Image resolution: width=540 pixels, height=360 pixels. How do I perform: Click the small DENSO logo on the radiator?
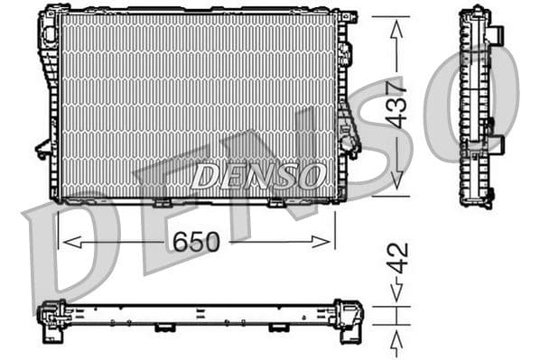pyautogui.click(x=257, y=174)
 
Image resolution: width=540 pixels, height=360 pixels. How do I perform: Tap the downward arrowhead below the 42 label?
pyautogui.click(x=396, y=291)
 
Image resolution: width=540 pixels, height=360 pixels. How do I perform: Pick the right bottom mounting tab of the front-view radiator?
pyautogui.click(x=277, y=203)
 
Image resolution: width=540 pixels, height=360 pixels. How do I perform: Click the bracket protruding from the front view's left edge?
pyautogui.click(x=42, y=149)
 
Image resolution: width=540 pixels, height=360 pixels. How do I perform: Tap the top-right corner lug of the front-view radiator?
pyautogui.click(x=348, y=16)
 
